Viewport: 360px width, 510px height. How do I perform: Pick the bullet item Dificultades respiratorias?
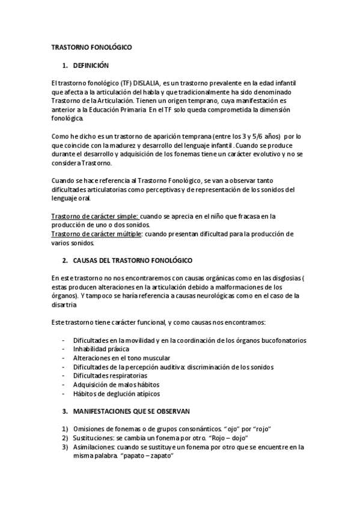(x=110, y=375)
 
